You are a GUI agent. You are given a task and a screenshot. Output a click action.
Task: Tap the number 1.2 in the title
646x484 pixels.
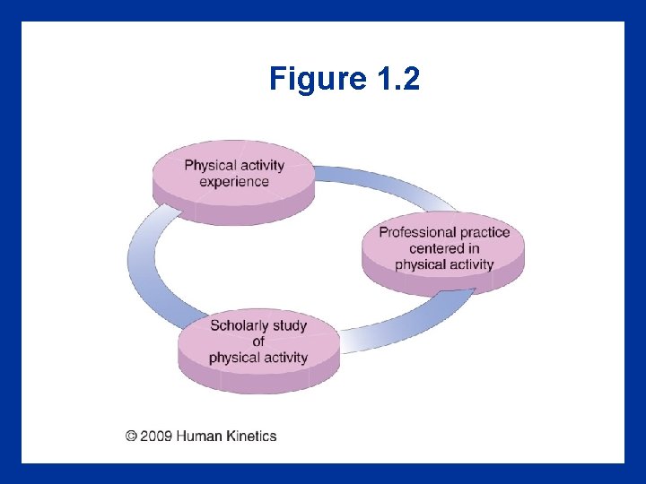coord(394,81)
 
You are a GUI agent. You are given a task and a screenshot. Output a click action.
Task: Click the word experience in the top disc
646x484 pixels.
coord(234,182)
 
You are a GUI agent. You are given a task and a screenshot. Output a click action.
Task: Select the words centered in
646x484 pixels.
coord(444,248)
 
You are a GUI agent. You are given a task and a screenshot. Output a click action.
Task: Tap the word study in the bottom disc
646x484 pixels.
coord(290,325)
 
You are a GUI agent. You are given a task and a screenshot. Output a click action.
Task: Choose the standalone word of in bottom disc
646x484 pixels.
coord(258,341)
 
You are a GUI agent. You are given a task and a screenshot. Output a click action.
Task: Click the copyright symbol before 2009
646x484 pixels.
coord(132,436)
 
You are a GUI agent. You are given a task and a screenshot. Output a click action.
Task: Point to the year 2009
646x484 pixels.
coord(157,436)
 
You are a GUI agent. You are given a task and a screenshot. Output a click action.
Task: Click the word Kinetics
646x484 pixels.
coord(251,436)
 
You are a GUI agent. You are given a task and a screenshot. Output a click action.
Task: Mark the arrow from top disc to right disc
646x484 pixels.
coord(386,183)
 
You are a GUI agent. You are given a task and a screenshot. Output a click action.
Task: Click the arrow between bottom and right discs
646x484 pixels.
coord(413,327)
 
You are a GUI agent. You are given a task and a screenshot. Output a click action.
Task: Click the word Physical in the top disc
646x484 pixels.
coord(210,165)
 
